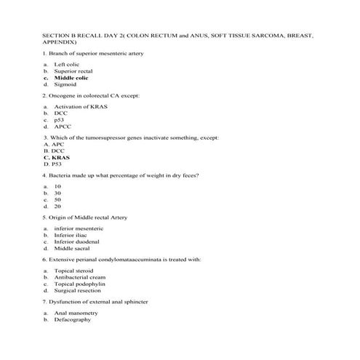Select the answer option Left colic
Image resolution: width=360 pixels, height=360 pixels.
click(67, 65)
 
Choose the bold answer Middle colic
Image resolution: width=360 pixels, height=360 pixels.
click(71, 78)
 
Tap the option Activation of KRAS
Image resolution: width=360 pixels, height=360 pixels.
click(79, 107)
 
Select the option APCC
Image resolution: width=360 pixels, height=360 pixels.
click(62, 127)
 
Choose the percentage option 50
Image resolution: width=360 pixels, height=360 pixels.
click(57, 199)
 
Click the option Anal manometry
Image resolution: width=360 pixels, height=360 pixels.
click(75, 313)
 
